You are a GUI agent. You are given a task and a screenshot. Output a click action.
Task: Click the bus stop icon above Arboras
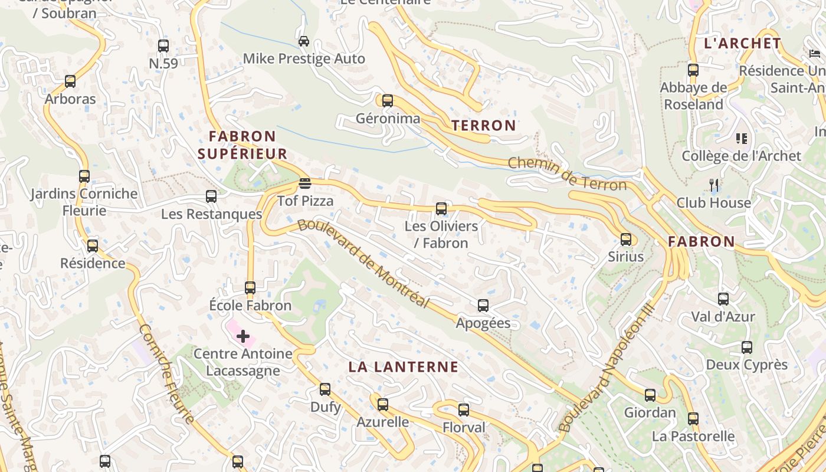pos(70,81)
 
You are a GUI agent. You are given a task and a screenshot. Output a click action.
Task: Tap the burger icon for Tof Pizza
pos(304,183)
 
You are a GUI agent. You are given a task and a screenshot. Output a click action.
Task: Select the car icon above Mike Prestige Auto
pos(304,41)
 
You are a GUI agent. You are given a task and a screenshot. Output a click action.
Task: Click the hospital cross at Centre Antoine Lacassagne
pos(242,336)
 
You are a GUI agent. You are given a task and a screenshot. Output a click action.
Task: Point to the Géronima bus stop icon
pos(388,101)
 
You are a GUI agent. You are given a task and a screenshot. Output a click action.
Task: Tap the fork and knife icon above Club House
pos(714,185)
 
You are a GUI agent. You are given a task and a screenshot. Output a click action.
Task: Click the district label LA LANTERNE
pos(403,367)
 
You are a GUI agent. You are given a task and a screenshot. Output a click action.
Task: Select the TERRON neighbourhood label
pos(484,125)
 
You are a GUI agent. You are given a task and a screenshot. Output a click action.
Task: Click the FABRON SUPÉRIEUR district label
pos(242,145)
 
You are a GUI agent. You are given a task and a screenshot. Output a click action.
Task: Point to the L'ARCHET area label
pos(743,43)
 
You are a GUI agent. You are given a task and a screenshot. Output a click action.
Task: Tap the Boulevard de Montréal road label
pos(363,263)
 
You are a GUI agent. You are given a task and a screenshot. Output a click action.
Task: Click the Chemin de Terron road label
pos(567,173)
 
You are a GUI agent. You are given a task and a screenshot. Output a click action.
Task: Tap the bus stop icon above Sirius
pos(626,240)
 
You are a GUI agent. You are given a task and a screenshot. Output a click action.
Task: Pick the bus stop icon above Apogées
pos(483,306)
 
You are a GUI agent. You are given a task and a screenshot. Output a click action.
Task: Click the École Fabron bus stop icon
pos(250,288)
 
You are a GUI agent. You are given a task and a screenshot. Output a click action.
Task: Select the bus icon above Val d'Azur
pos(723,299)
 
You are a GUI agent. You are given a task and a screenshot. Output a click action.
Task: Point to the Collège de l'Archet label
pos(741,156)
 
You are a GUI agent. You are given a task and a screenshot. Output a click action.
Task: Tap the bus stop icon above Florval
pos(464,410)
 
